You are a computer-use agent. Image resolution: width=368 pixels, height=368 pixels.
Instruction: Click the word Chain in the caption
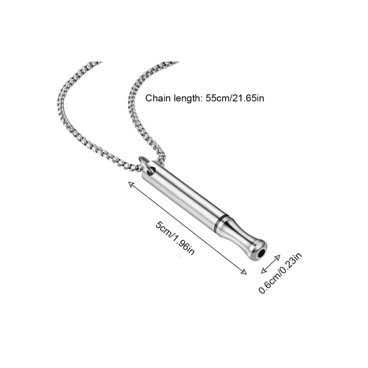158,98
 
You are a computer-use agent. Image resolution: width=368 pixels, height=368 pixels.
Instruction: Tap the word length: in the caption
187,99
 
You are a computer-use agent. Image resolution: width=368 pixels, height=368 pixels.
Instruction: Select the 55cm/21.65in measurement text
235,98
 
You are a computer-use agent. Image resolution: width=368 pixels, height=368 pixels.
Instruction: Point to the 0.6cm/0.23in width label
280,273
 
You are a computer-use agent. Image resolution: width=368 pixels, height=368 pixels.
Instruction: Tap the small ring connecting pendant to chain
144,162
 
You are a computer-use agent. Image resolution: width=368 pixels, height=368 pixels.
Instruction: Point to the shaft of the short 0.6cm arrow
270,264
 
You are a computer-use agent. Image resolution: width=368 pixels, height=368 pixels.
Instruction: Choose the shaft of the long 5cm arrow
188,228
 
